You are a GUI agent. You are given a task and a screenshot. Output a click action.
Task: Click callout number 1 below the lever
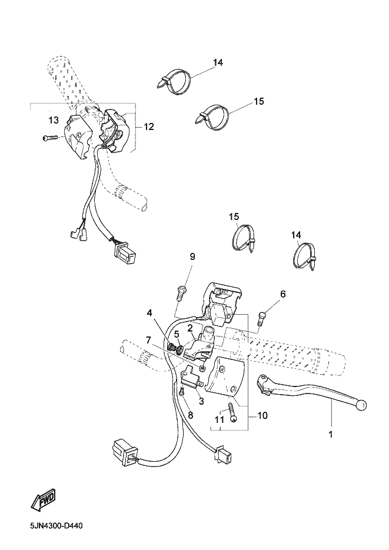point(330,434)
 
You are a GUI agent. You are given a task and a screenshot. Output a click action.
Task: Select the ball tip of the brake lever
point(362,405)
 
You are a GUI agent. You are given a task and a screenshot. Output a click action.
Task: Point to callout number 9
point(192,256)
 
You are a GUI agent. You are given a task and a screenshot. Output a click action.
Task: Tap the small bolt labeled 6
point(262,316)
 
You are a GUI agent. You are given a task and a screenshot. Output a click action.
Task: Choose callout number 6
point(282,294)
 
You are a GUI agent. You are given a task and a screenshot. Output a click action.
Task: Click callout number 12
point(149,126)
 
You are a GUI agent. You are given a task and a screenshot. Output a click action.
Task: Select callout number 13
point(54,121)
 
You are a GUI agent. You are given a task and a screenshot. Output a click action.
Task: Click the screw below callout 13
point(51,138)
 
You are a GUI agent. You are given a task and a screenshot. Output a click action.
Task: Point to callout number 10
point(262,416)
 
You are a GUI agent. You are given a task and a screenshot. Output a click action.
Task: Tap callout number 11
point(220,419)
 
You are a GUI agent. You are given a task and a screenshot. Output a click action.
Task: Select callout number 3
point(201,401)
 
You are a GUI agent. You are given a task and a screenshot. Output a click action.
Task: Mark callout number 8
point(191,415)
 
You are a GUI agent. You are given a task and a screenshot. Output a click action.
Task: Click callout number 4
point(149,312)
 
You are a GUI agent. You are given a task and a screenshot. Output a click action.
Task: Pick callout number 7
point(148,339)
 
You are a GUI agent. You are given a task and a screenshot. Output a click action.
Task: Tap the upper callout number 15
point(259,101)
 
